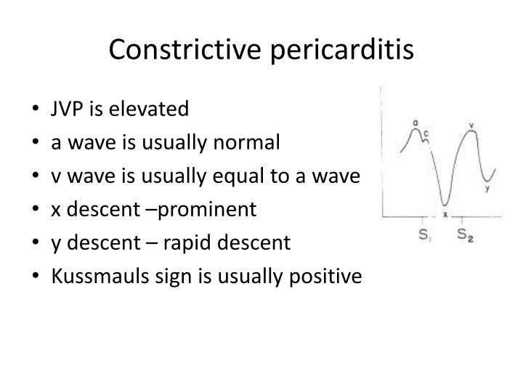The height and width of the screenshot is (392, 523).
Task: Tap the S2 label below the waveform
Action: [465, 234]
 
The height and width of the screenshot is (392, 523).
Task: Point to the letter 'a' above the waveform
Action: [415, 123]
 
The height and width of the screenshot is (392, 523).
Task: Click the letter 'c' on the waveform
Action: [426, 133]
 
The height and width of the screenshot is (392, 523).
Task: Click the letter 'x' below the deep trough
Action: [445, 215]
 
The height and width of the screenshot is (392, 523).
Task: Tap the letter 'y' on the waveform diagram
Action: [487, 188]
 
